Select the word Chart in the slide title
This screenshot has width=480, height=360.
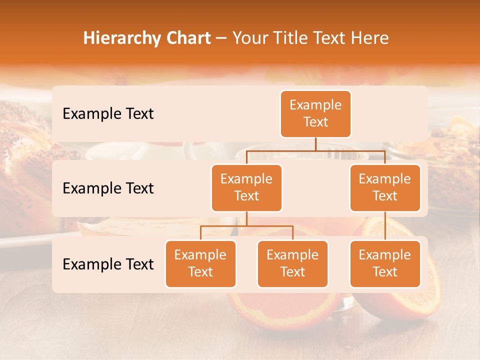click(x=186, y=38)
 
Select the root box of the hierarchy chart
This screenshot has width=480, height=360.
click(x=315, y=113)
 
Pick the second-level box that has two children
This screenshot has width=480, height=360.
click(x=246, y=187)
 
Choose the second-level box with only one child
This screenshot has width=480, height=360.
click(x=385, y=187)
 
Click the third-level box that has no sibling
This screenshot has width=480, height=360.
click(x=385, y=263)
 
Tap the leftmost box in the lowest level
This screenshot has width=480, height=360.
click(x=200, y=263)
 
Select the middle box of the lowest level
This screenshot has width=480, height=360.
click(x=292, y=263)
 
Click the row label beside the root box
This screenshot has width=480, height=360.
click(x=108, y=113)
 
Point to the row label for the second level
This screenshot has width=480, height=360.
click(x=108, y=188)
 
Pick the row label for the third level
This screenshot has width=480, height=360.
click(x=108, y=264)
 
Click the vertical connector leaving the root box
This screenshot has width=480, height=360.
click(x=315, y=144)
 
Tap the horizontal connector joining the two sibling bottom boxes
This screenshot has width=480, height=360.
click(x=246, y=226)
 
